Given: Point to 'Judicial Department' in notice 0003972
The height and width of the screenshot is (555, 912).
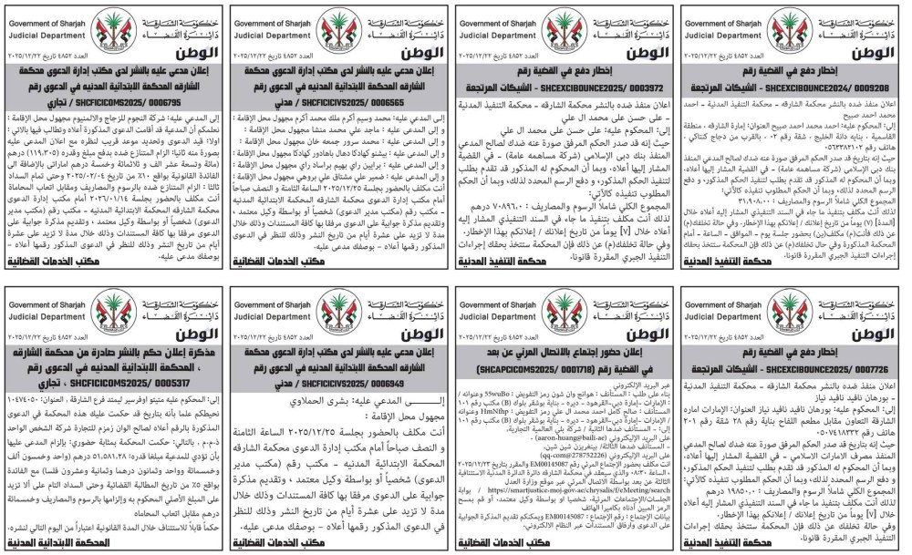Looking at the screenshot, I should pos(492,34).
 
